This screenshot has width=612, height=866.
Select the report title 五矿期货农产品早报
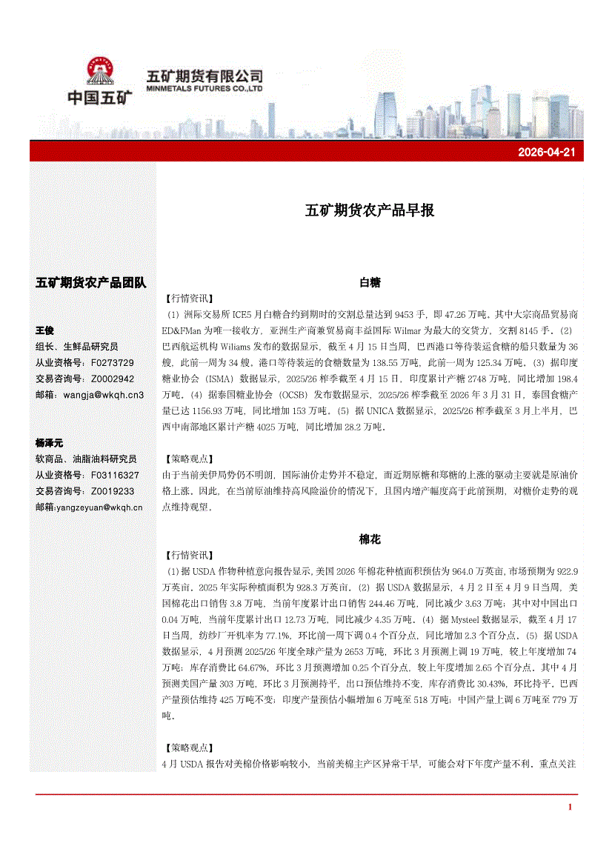(x=370, y=210)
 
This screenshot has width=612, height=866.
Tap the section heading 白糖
(x=370, y=282)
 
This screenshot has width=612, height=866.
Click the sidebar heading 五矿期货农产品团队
(x=91, y=282)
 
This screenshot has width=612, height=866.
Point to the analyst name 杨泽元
(x=50, y=442)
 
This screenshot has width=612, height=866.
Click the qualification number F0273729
(x=112, y=362)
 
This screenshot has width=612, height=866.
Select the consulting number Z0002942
(x=112, y=379)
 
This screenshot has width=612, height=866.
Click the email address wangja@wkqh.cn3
(x=104, y=395)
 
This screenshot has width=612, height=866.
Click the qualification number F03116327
(x=115, y=475)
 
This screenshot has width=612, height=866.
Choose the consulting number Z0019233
(x=112, y=491)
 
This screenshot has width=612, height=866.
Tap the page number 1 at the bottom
(x=570, y=807)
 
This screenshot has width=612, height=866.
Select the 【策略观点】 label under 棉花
(x=187, y=747)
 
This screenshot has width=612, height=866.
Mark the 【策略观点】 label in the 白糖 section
(x=187, y=459)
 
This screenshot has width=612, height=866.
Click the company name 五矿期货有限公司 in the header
(x=205, y=76)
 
